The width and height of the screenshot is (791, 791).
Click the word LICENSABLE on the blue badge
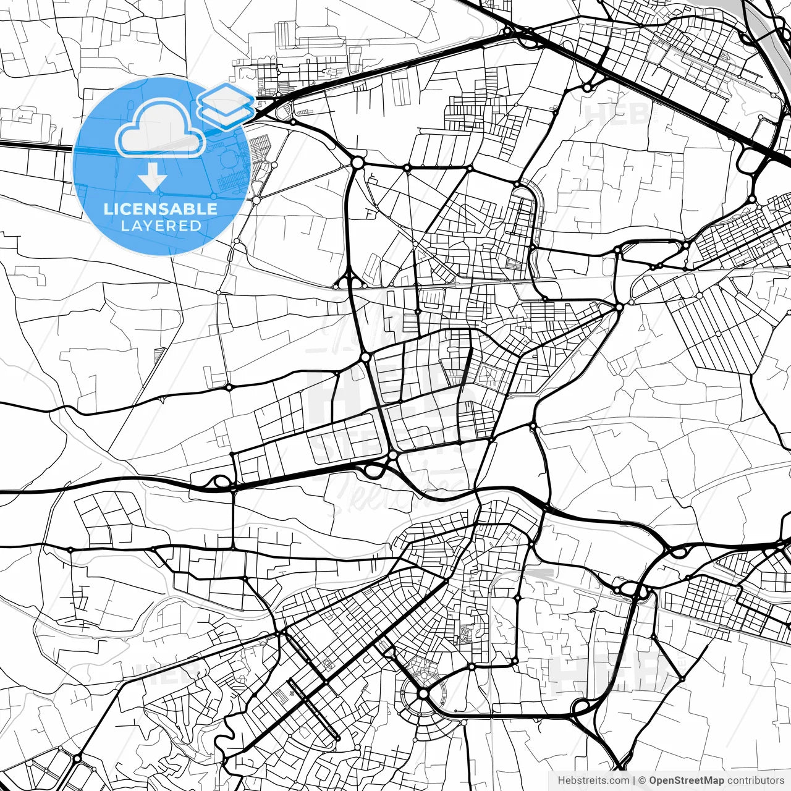161,209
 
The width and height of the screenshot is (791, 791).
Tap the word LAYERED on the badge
161,226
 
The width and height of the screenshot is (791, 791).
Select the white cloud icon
161,129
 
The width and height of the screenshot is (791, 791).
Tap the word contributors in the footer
755,780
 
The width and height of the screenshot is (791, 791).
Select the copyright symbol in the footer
642,780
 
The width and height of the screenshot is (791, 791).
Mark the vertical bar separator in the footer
634,780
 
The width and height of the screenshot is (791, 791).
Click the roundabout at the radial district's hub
423,694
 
